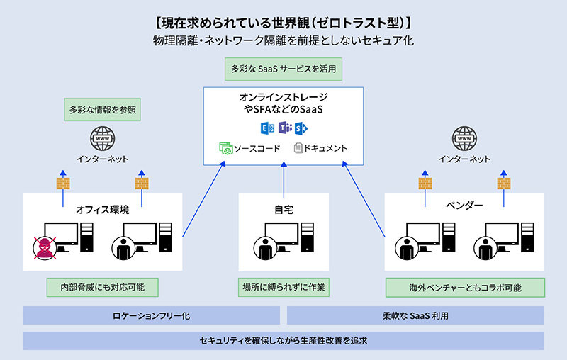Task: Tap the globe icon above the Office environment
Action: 102,137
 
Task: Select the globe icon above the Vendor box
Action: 464,137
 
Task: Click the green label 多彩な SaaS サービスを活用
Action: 283,70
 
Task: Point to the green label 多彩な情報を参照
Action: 102,110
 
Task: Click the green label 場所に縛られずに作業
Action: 283,287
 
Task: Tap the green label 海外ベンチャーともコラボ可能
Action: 465,288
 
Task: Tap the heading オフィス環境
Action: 103,209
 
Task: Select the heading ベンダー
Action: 465,206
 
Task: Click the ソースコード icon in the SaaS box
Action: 226,149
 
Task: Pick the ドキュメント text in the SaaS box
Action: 325,149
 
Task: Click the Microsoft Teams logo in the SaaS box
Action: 284,128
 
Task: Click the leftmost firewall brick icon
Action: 62,183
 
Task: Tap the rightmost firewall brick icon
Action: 504,183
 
